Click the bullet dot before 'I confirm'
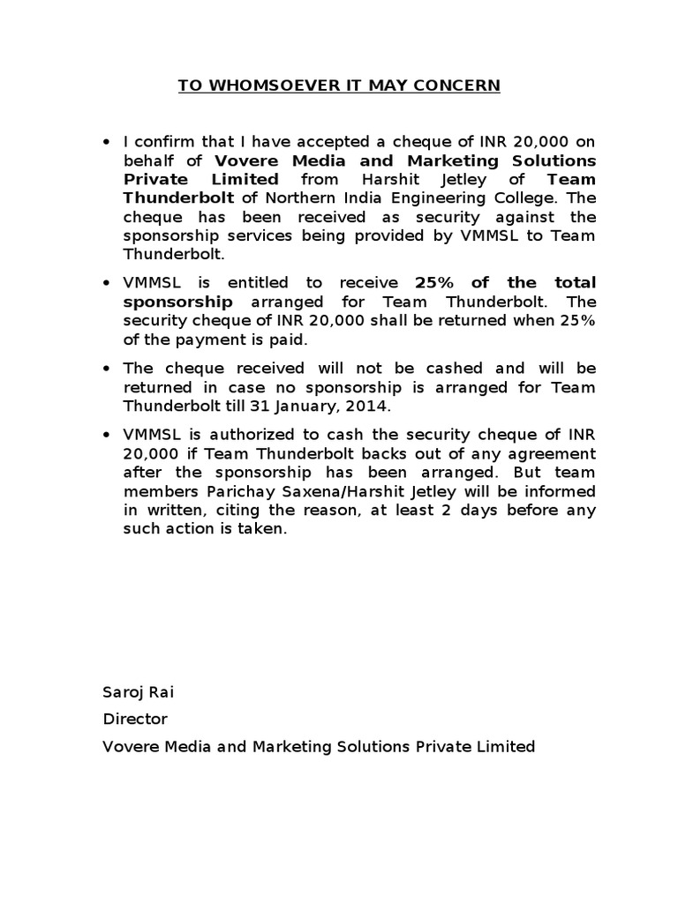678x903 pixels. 107,142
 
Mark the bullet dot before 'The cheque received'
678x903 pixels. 107,369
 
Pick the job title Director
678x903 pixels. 135,719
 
